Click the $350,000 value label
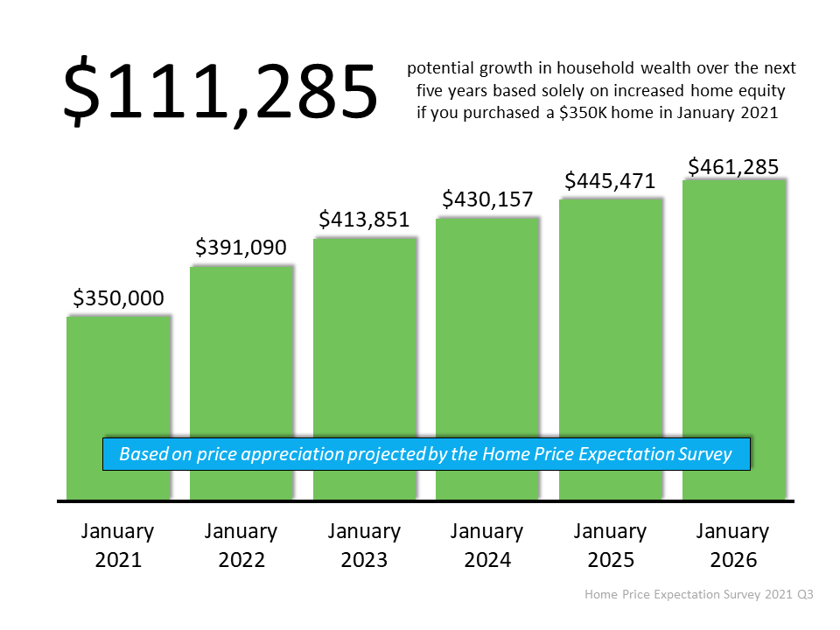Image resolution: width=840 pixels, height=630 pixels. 118,298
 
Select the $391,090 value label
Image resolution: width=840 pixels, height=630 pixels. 241,248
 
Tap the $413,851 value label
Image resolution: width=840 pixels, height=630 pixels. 365,220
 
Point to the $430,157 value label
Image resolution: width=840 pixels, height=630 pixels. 487,199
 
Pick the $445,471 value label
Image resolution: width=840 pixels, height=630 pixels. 611,181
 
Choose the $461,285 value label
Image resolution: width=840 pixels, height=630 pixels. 733,166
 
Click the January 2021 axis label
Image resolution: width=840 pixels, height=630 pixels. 118,545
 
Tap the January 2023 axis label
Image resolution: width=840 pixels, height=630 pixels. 365,545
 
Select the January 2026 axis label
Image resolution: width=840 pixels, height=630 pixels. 733,545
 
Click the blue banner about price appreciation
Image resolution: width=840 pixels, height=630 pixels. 426,454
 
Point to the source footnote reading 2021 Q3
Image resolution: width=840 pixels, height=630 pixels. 699,594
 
